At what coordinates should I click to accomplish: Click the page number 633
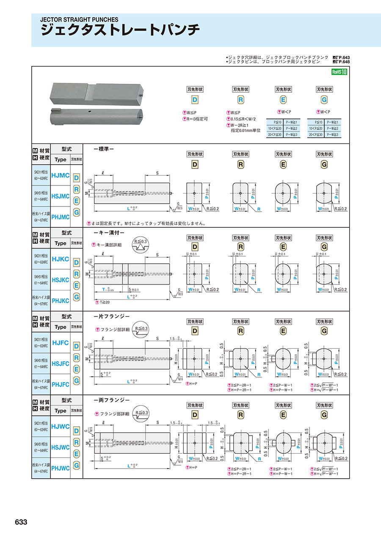coord(21,522)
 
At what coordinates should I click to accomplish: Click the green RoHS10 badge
coord(339,72)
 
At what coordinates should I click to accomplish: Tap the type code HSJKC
coord(60,280)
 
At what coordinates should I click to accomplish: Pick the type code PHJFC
coord(60,384)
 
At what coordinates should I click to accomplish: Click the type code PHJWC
coord(60,468)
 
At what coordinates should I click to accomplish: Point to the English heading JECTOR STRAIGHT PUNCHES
coord(79,19)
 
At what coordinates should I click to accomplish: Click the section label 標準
coord(103,149)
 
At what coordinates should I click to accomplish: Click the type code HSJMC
coord(60,196)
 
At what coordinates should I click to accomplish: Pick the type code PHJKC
coord(60,301)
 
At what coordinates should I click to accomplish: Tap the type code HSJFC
coord(60,364)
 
